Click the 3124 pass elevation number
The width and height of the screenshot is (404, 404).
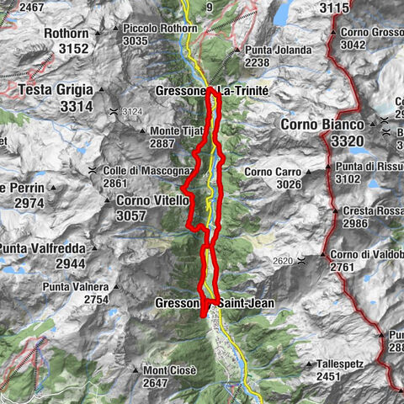(133, 111)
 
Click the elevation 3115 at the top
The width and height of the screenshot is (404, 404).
(334, 8)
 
